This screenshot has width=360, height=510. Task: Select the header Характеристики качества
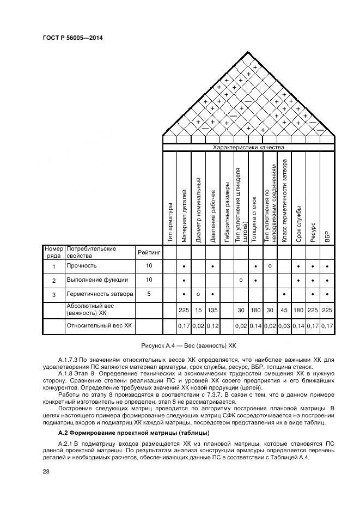click(x=248, y=147)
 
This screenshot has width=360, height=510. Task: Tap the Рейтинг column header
click(x=149, y=252)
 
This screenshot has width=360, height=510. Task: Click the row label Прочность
click(x=81, y=266)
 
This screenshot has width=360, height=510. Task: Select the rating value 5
click(x=149, y=294)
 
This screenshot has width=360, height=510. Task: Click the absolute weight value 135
click(x=212, y=309)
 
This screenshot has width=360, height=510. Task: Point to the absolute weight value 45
click(x=284, y=309)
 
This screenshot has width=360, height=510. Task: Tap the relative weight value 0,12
click(x=212, y=326)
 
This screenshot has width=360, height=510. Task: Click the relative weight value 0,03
click(x=284, y=326)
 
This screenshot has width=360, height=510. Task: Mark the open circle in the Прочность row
click(x=270, y=265)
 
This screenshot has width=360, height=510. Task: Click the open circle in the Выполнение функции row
click(x=241, y=280)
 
